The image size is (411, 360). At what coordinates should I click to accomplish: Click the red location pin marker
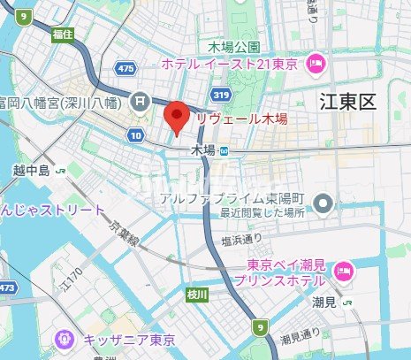tap(178, 117)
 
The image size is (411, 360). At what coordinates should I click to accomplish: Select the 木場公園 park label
tap(233, 46)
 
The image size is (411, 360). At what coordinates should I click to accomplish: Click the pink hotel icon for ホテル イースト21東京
tap(316, 64)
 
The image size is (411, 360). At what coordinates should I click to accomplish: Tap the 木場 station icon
tap(225, 150)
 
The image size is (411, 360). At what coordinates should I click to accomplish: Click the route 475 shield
tap(126, 68)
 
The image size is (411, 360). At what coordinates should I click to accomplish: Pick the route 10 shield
tap(134, 134)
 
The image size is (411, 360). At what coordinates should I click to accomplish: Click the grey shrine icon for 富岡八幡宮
tap(140, 103)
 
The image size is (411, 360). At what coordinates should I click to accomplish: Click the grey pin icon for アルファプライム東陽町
tap(324, 203)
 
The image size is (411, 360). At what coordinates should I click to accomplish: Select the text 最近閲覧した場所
tap(264, 213)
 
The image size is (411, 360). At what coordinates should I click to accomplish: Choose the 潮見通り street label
tap(298, 339)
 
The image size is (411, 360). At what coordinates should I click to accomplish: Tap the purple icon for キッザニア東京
tap(64, 339)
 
